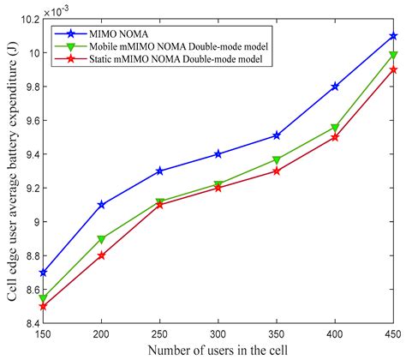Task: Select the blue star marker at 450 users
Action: [x=393, y=36]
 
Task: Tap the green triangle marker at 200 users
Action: [x=102, y=240]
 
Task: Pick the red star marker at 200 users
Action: [x=102, y=255]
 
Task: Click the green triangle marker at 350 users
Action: [x=277, y=160]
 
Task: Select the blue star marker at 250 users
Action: [x=160, y=171]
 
